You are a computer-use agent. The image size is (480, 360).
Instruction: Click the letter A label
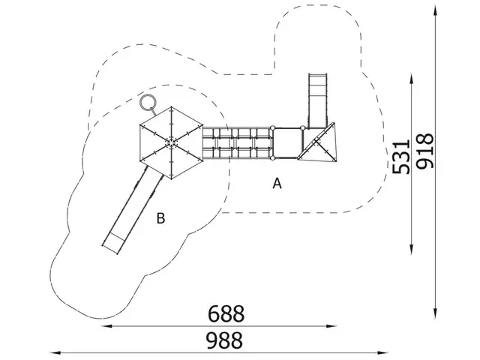pyautogui.click(x=277, y=183)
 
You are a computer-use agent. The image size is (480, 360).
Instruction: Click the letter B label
pyautogui.click(x=160, y=218)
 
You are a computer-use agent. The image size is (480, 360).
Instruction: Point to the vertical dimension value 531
pyautogui.click(x=402, y=157)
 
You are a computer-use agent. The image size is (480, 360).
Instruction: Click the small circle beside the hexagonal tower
pyautogui.click(x=148, y=102)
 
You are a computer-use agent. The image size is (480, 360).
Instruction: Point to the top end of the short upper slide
pyautogui.click(x=318, y=75)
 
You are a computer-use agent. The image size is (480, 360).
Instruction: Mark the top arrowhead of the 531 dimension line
pyautogui.click(x=412, y=77)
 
